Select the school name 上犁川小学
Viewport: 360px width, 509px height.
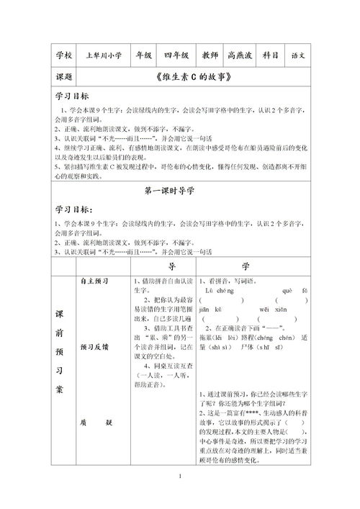(103, 55)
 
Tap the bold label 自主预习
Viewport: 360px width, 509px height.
(90, 281)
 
